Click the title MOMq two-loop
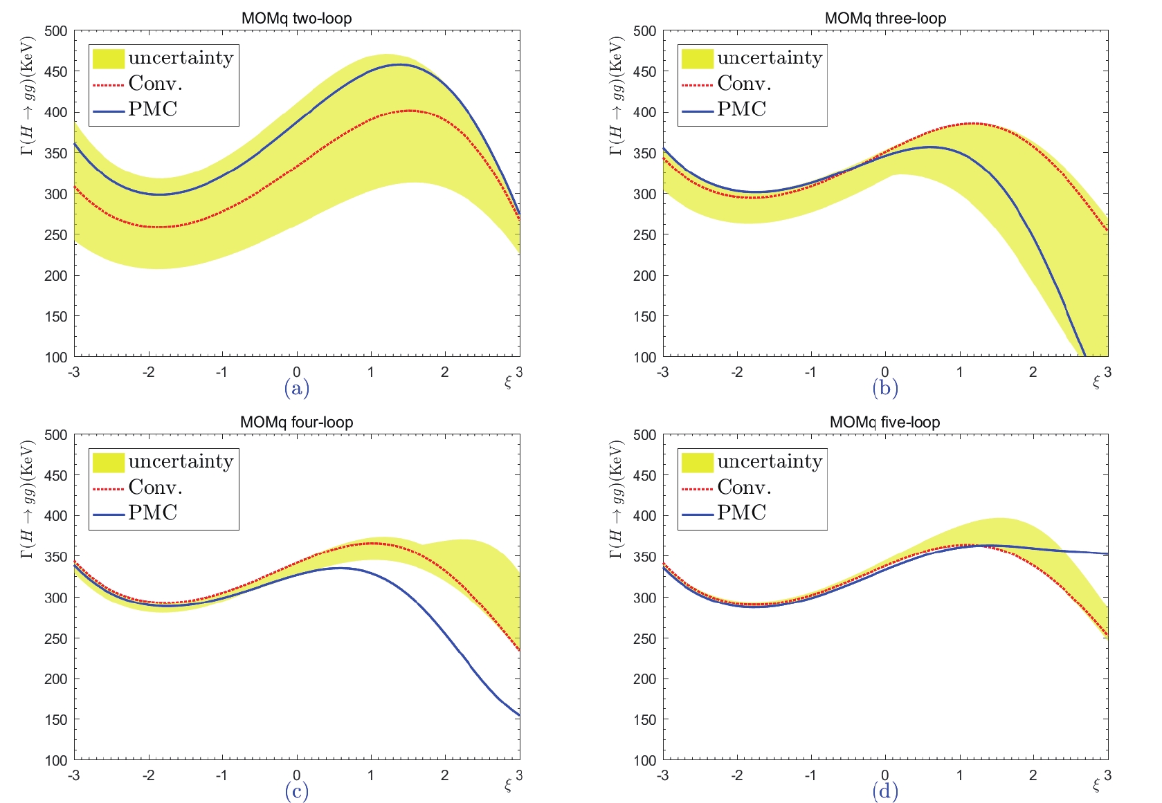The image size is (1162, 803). point(296,19)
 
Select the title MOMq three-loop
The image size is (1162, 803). point(885,19)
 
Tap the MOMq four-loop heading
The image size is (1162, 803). point(296,422)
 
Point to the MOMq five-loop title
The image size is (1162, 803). point(884,422)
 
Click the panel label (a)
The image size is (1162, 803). point(296,388)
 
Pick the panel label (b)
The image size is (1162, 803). point(885,388)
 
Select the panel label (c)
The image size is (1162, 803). point(296,791)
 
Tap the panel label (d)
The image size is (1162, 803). point(885,791)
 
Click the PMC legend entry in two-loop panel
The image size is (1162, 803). point(153,109)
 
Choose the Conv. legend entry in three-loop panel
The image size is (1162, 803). point(744,84)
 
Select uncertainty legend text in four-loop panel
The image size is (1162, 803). point(181,461)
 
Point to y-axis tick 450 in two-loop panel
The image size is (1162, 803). point(56,72)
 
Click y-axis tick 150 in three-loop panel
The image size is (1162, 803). point(644,317)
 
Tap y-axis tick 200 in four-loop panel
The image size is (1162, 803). point(56,679)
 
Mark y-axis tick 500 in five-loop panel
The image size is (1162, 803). point(644,435)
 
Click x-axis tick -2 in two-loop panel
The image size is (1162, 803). point(148,372)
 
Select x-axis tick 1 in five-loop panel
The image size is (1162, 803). point(959,775)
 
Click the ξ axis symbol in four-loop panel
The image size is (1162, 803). point(508,786)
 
